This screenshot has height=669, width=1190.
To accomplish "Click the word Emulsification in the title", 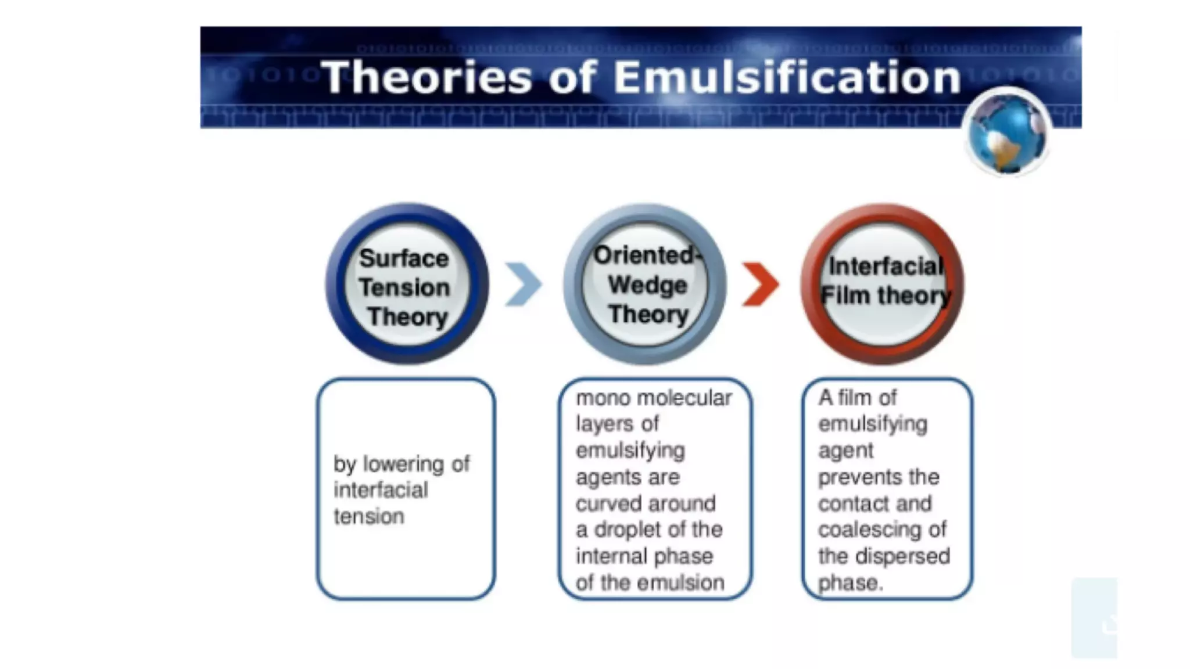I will [x=787, y=77].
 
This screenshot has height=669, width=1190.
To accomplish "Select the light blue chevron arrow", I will [x=523, y=284].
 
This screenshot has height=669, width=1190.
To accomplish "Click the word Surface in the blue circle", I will [x=404, y=258].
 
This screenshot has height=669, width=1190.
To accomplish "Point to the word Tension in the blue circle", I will [x=404, y=287].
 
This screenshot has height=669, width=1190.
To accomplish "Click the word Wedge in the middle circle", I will [x=647, y=285].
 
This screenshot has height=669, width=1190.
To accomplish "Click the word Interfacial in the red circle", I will [x=886, y=266].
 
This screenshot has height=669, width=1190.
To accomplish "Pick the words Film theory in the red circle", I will [x=886, y=296].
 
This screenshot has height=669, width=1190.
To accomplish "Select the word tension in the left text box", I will [x=368, y=516].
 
